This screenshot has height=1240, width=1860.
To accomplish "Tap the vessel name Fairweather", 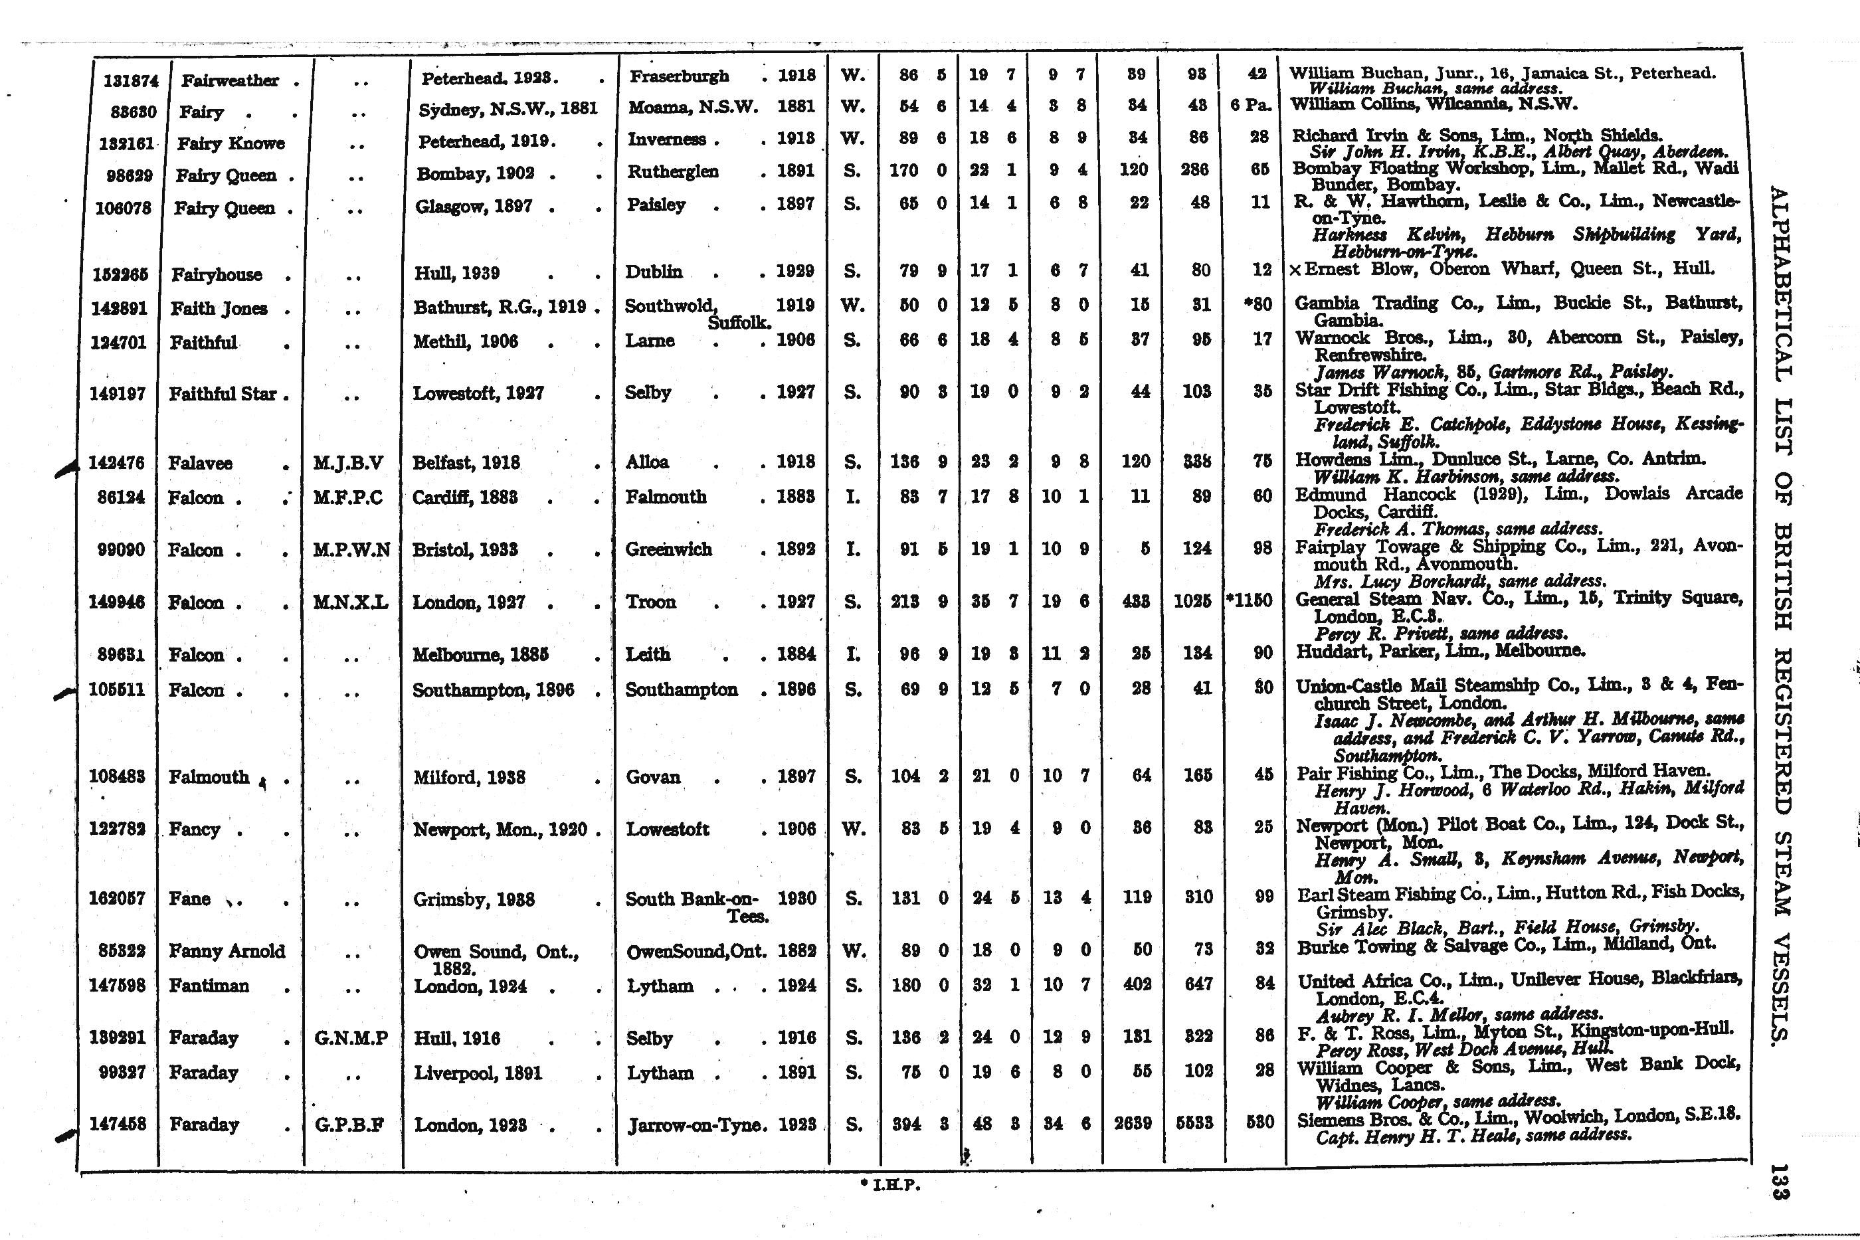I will [229, 80].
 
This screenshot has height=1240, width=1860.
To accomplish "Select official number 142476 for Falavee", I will [117, 463].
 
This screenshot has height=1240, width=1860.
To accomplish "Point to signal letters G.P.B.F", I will [349, 1124].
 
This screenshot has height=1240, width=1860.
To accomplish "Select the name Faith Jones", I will [219, 308].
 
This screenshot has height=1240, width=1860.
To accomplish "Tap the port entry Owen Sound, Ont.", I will [496, 952].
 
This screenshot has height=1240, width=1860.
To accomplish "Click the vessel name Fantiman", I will [209, 986].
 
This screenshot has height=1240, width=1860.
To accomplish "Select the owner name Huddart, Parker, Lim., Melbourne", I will [1440, 652].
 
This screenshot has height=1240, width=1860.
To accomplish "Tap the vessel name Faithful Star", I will [223, 393].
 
